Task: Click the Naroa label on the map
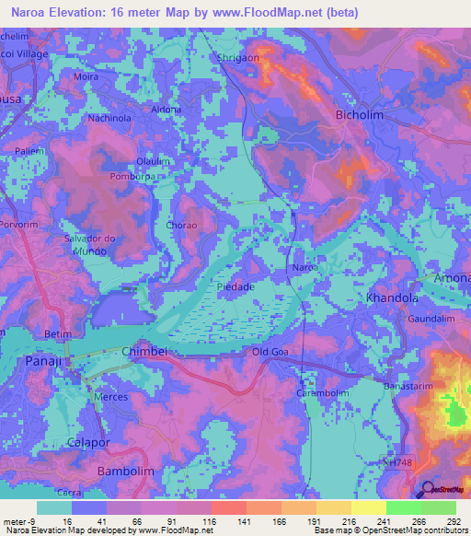[304, 267]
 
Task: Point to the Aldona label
[167, 110]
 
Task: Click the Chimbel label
[144, 352]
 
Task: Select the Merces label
[111, 396]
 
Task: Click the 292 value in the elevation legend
[452, 520]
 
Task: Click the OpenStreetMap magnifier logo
[426, 490]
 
